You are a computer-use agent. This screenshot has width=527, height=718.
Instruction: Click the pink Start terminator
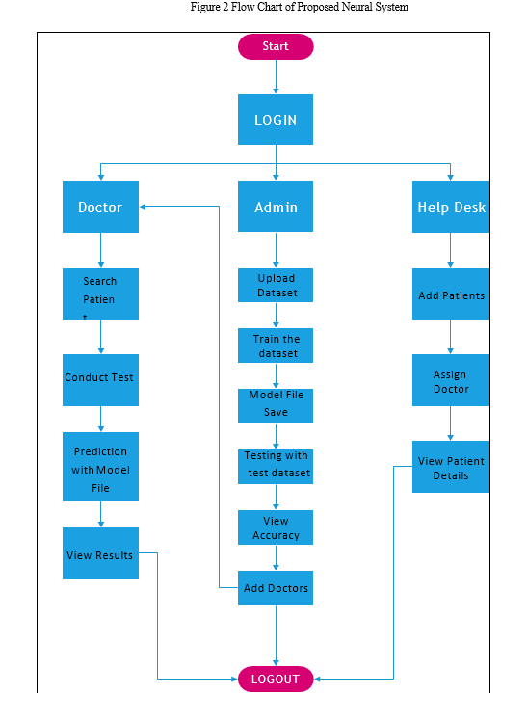276,46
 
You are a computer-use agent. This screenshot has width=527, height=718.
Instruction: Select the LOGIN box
276,119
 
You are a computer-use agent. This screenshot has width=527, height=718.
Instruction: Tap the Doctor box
100,207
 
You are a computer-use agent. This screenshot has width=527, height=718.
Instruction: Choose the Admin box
276,206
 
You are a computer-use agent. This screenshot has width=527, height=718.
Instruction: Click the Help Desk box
451,207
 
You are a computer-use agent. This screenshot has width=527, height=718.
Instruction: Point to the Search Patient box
100,293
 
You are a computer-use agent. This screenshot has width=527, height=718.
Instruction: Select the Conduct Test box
100,379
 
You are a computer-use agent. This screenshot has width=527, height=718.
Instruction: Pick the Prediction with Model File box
100,466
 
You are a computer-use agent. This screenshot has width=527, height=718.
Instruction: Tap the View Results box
100,553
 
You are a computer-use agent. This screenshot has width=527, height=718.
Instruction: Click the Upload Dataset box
276,285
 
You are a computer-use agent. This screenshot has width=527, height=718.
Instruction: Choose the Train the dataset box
276,346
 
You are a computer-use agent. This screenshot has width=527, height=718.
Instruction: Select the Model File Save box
276,406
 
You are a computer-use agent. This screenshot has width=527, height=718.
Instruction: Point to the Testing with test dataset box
276,467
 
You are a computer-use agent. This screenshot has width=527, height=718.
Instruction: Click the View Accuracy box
276,527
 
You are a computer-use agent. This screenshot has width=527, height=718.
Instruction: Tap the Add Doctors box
276,588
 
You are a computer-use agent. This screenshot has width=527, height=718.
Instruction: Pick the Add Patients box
451,293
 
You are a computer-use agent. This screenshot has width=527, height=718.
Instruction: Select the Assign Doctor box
451,379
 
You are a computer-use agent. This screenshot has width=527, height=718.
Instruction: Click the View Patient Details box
451,467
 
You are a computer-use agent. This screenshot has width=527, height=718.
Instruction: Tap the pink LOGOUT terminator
276,679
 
